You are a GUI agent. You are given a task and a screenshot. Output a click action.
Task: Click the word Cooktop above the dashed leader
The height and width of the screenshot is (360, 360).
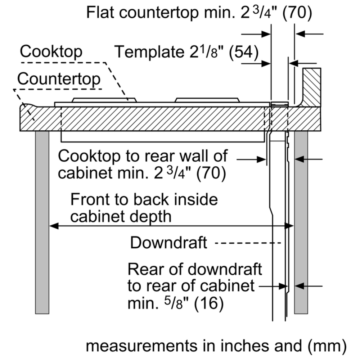point(51,52)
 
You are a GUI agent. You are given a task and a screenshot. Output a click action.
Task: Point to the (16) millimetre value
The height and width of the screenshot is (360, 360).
point(209,303)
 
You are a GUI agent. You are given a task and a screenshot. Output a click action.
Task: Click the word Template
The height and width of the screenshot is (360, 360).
point(149,52)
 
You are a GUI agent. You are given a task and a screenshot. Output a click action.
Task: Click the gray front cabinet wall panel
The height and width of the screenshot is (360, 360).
point(42,222)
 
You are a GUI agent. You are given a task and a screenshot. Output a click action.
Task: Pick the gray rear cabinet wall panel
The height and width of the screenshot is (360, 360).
point(301,222)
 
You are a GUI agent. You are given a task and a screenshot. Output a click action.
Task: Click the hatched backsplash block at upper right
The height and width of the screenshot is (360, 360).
point(311,87)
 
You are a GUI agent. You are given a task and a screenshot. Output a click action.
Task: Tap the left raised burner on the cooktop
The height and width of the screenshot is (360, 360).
point(104,100)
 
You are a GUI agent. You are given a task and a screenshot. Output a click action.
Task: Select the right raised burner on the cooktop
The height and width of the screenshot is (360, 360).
point(207,100)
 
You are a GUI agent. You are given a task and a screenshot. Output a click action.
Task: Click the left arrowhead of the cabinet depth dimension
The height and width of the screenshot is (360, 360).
point(54,226)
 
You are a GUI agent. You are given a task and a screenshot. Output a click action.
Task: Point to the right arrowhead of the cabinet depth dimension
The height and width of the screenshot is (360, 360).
point(289,226)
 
